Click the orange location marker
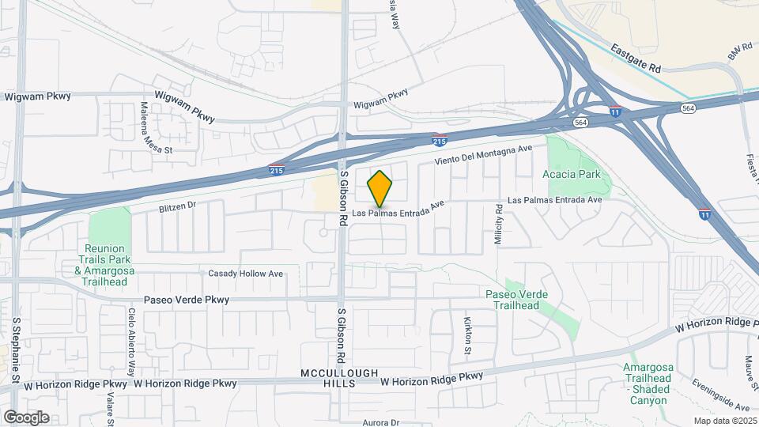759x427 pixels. [x=380, y=188]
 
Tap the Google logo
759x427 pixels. [x=26, y=417]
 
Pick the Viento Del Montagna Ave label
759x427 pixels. [x=491, y=155]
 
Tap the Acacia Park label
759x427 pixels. [x=572, y=174]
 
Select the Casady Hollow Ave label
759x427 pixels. [x=245, y=274]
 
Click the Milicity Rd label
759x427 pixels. [x=500, y=225]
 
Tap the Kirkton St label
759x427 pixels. [x=466, y=334]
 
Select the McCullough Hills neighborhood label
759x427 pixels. [x=339, y=378]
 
